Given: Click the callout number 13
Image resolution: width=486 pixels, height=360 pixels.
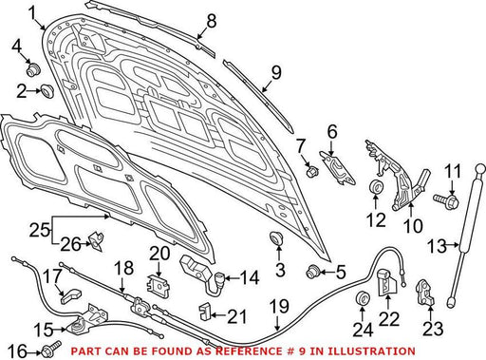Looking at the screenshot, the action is coord(437,246).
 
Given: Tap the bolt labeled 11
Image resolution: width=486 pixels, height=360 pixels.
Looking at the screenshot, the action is coord(447,200).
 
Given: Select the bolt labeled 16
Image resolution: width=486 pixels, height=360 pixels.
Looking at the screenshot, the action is coord(50,348).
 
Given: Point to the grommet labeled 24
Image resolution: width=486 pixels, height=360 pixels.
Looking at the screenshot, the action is coord(363,296).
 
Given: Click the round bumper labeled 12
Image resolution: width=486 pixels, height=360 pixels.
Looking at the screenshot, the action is coord(377,185).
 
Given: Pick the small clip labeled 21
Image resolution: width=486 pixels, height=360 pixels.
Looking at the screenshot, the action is coord(204,311).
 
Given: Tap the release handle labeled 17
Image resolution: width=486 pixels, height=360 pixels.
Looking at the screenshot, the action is coord(70,296).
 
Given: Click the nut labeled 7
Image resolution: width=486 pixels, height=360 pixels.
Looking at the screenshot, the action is coord(312,171).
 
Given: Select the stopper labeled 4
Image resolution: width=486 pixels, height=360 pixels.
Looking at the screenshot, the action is coord(33,69).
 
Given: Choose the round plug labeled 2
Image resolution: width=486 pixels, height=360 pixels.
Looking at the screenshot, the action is coord(47,91).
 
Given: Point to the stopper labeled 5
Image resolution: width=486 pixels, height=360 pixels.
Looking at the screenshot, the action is coord(313,272).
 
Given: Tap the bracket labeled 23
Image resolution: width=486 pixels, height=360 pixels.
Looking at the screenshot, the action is coord(425,293).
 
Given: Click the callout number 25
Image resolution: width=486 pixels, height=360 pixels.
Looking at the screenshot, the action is coord(39,231).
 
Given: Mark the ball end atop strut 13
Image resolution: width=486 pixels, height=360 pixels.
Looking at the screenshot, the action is coord(479,168).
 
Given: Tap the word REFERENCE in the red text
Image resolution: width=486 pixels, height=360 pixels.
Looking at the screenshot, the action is coord(252,351).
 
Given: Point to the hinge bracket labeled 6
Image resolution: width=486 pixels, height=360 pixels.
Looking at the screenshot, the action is coord(338,168).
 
